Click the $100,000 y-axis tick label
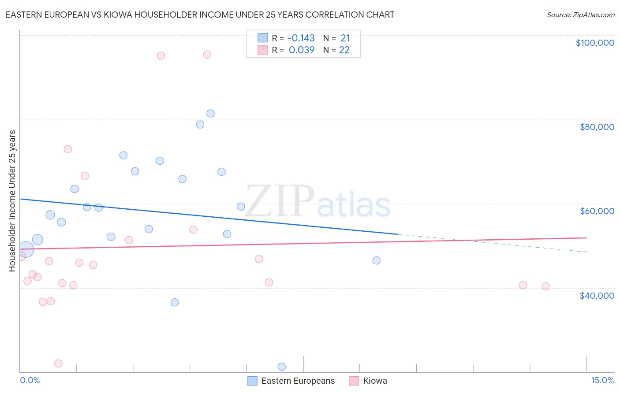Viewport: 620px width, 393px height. [x=595, y=43]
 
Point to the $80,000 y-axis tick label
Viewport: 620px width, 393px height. [x=597, y=127]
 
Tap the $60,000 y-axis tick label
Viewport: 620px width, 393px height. [x=597, y=211]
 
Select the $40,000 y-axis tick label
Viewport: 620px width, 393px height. [x=597, y=296]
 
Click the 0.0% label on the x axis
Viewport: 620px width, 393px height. [x=30, y=380]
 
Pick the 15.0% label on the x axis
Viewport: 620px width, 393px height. [x=602, y=380]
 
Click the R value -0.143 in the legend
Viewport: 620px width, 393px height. [x=301, y=38]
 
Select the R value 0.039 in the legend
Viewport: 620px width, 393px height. [x=302, y=50]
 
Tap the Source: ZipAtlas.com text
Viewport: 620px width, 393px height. [x=581, y=15]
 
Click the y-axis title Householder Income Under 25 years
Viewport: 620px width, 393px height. [x=12, y=200]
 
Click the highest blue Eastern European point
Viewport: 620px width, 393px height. [x=210, y=113]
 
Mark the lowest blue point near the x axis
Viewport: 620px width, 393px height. [x=282, y=367]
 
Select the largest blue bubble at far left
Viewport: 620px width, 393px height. [x=26, y=249]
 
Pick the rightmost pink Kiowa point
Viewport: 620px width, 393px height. [x=545, y=286]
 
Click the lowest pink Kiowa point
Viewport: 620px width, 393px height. [x=58, y=363]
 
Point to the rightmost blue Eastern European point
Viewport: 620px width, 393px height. [x=376, y=260]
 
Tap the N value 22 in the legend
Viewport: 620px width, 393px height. [x=344, y=50]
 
